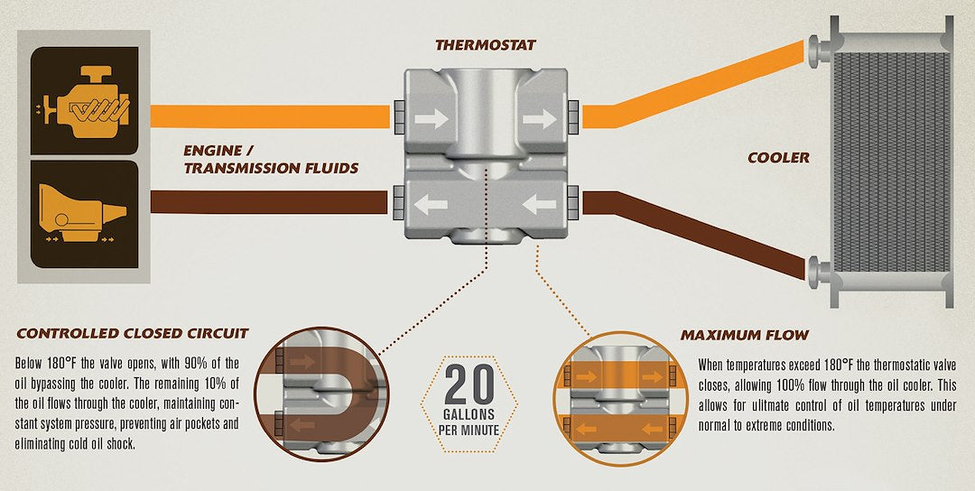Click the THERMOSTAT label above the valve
coord(486,45)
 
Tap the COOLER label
coord(778,158)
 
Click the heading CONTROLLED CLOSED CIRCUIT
coord(133,334)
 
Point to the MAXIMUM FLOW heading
coord(744,336)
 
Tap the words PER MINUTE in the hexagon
coord(469,430)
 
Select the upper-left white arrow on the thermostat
coord(432,119)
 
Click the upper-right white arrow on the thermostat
coord(539,119)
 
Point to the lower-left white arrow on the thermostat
coord(431,205)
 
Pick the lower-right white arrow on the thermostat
coord(539,205)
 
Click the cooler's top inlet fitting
coord(820,49)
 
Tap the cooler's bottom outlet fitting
coord(820,272)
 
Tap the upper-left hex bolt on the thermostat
coord(399,116)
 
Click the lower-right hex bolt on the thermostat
coord(572,202)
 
